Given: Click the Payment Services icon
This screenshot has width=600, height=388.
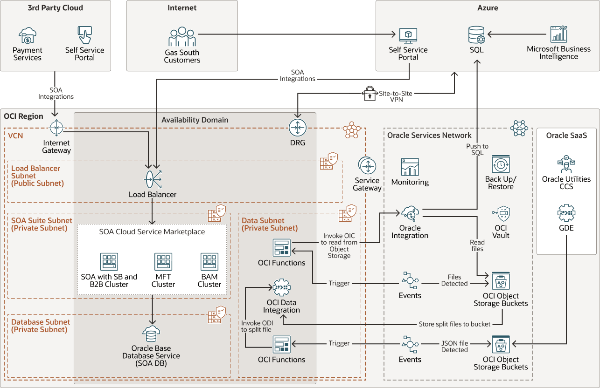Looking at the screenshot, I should (27, 35).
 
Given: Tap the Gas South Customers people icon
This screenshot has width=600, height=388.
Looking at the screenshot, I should (182, 37).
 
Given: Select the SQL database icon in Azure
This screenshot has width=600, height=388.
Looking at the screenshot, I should (476, 35).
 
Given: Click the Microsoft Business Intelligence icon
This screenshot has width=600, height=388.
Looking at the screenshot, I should (558, 34).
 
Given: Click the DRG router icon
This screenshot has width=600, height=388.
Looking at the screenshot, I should (297, 128).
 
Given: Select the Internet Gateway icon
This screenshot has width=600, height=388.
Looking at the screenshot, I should (56, 128).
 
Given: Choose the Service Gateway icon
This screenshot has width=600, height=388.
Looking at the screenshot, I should (367, 166).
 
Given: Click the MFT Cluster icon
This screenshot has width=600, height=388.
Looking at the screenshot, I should (163, 262).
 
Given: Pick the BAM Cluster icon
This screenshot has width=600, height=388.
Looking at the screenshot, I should (209, 262).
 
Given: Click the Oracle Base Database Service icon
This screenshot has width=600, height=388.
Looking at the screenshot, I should (151, 334).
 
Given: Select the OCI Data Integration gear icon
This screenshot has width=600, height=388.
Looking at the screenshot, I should (281, 288).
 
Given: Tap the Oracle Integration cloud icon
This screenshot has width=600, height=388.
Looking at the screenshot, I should (410, 213).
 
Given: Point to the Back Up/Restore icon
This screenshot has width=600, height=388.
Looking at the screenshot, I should (501, 164).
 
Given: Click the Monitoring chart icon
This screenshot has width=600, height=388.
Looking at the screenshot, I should (410, 167).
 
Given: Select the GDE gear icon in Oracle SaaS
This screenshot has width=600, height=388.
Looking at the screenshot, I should (566, 213).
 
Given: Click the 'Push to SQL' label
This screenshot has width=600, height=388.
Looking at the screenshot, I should (477, 150).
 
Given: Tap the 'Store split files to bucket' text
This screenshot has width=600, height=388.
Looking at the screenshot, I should (454, 324).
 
